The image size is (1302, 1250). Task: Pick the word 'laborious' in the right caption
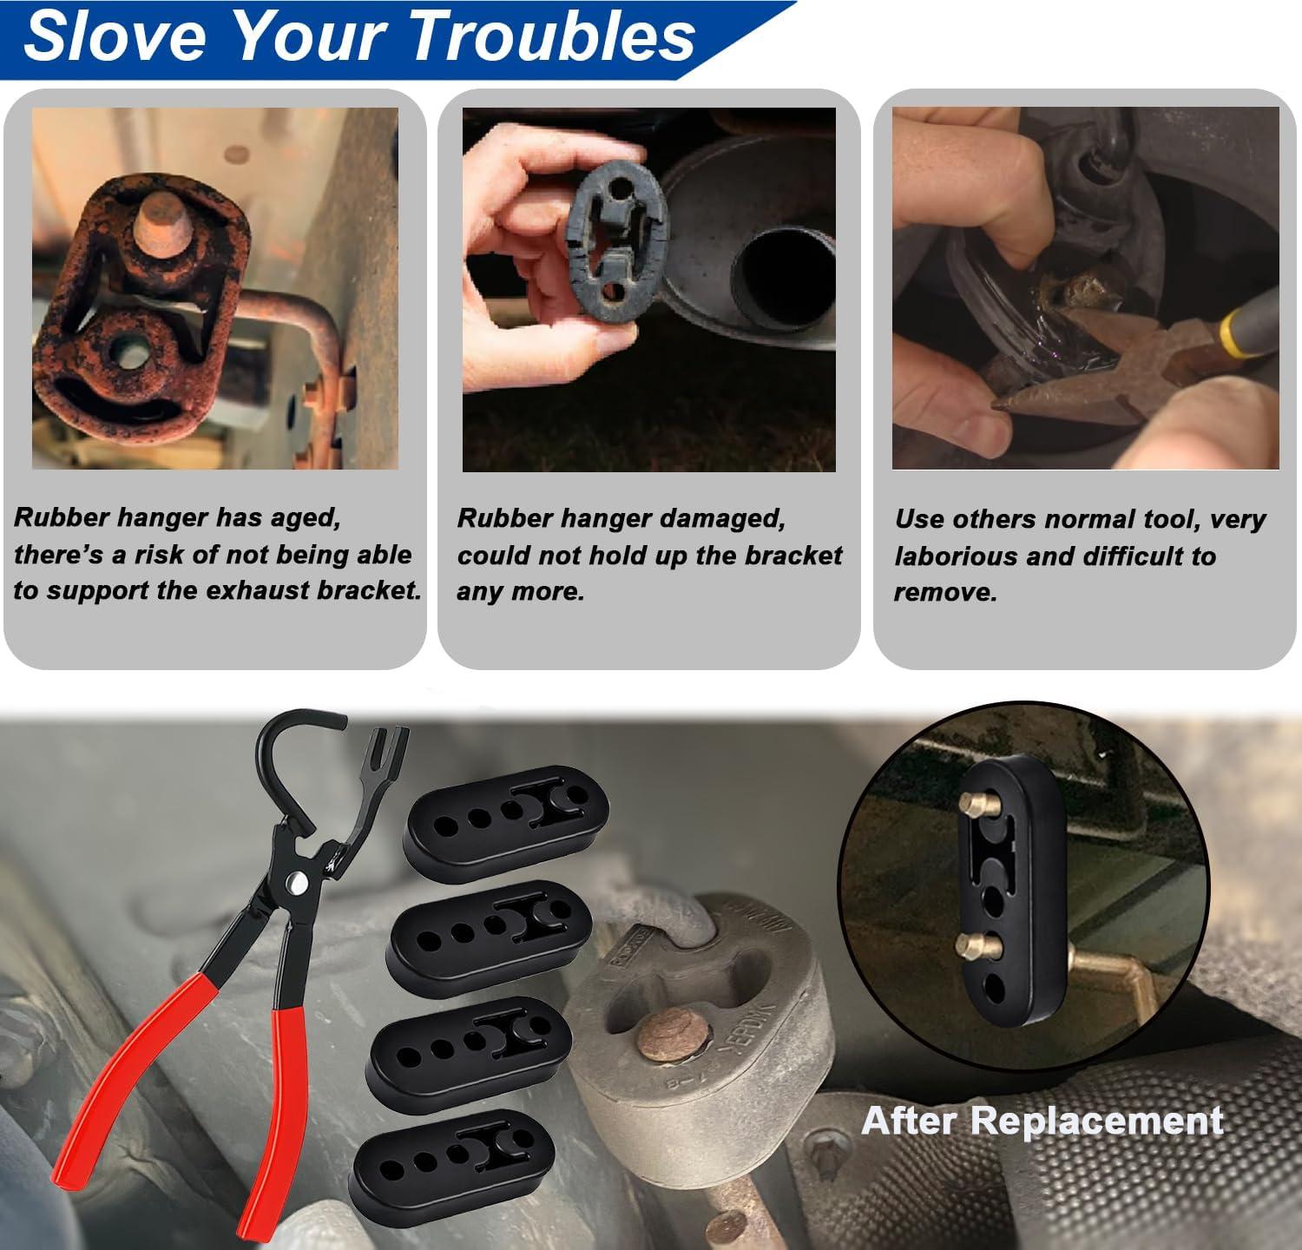956,556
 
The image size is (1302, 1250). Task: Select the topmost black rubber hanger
508,812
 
